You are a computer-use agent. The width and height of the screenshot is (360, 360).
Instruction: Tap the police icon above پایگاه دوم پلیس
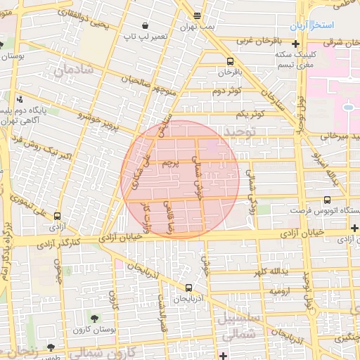19,99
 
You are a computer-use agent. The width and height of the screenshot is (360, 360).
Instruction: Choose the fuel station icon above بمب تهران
197,15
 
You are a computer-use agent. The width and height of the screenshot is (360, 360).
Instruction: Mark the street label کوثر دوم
227,91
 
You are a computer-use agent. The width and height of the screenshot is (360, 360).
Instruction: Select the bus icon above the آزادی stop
58,217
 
